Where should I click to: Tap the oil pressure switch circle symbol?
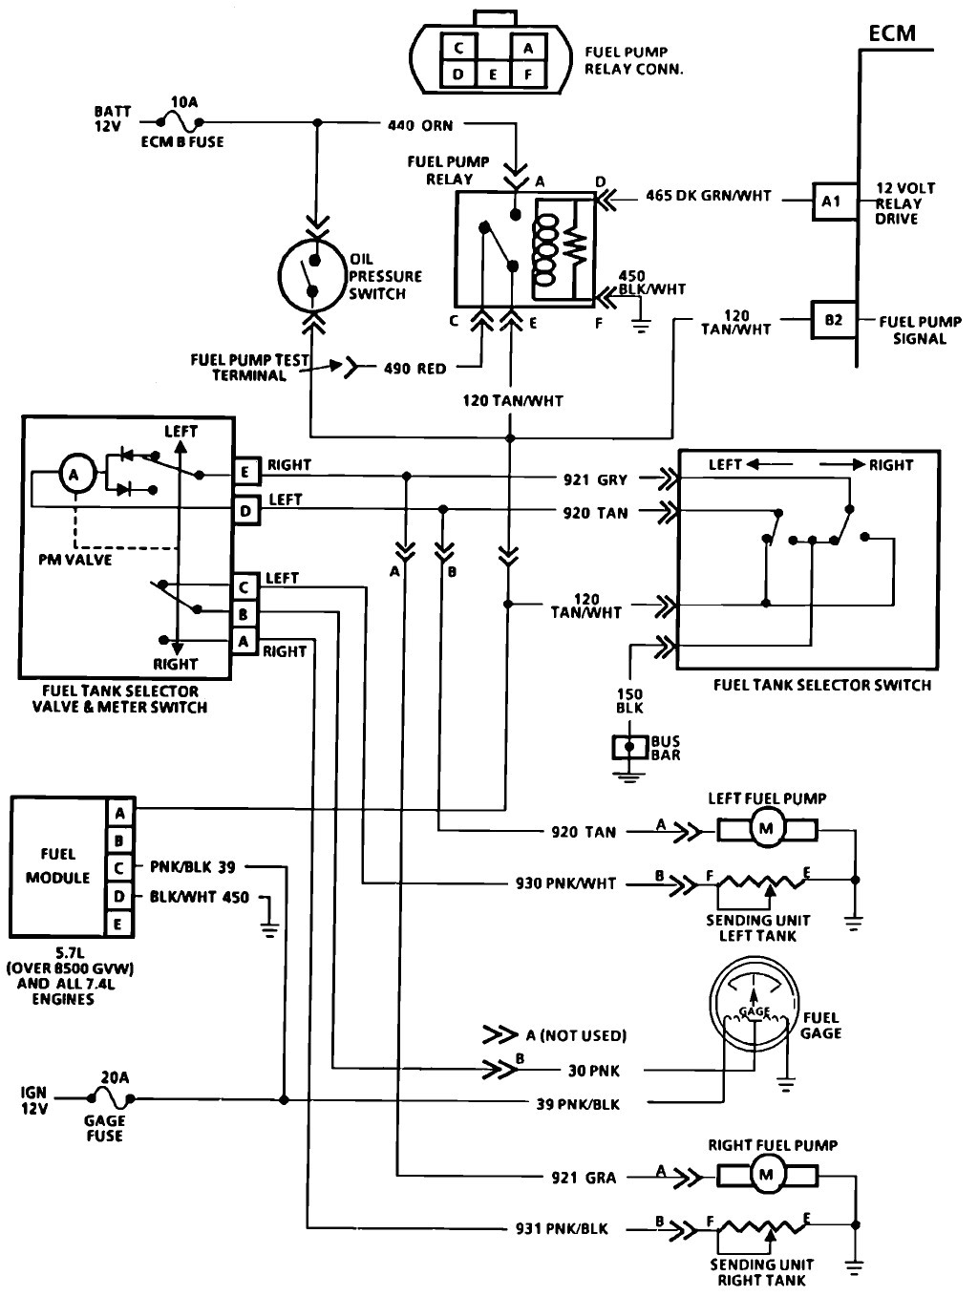pos(311,274)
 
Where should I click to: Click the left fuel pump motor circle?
pos(765,829)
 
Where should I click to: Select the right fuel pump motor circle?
pos(765,1176)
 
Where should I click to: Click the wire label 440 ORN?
pos(420,125)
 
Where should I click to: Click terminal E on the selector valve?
pos(245,471)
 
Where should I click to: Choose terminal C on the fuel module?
pos(119,867)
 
